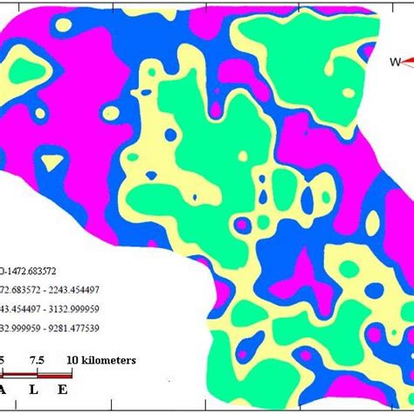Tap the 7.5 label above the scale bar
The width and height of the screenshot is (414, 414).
click(x=37, y=360)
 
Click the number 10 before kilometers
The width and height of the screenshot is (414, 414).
click(x=72, y=360)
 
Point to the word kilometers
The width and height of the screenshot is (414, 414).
click(x=108, y=360)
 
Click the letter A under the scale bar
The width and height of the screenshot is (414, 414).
click(x=5, y=390)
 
